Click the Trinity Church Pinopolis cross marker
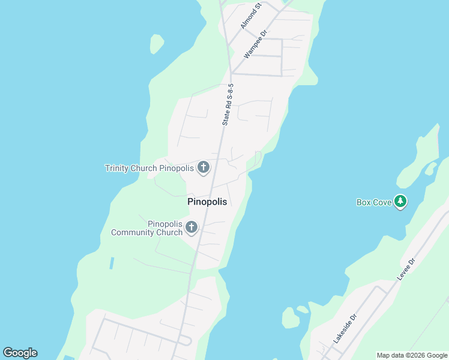tap(203, 168)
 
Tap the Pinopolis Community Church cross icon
tap(191, 227)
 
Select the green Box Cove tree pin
tap(400, 202)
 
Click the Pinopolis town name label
tap(207, 202)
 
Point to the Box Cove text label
tap(374, 202)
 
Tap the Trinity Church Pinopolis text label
tap(149, 168)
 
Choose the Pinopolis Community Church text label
tap(147, 228)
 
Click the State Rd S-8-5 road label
tap(228, 104)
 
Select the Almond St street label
tap(251, 16)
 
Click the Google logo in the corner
tap(20, 353)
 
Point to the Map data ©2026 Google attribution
tap(412, 355)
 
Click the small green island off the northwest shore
tap(157, 43)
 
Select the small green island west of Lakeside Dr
tap(291, 319)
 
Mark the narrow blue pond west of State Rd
tap(112, 263)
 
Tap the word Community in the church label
tap(147, 232)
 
